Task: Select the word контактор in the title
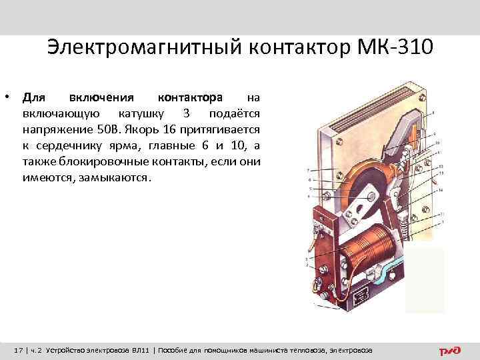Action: (297, 47)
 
